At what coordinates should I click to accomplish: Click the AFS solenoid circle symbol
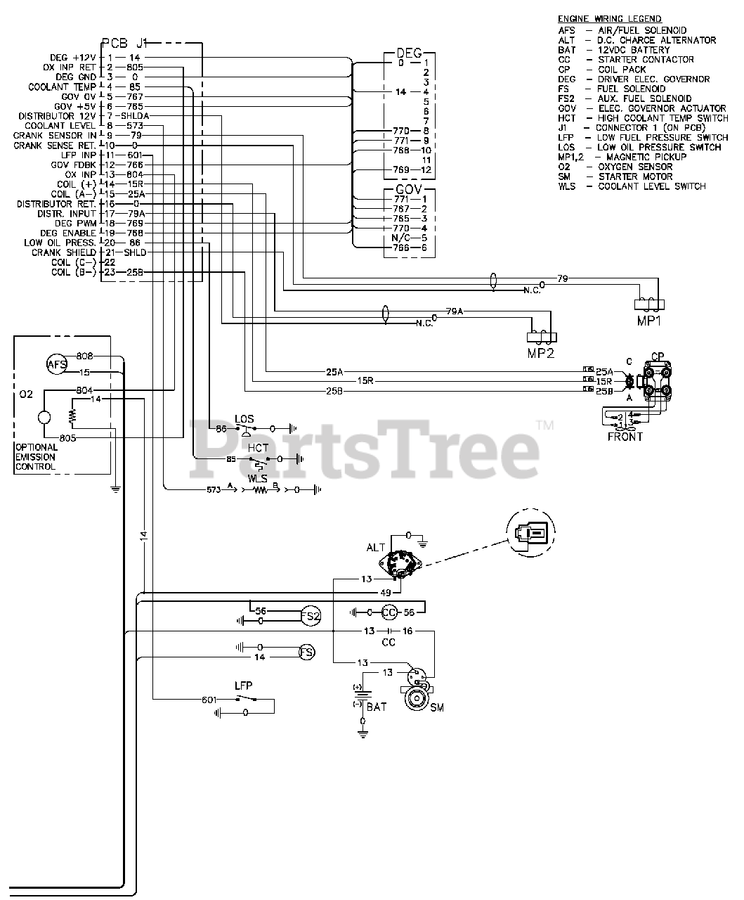(x=56, y=364)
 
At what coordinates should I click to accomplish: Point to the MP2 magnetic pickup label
(x=541, y=352)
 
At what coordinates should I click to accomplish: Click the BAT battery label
(x=377, y=707)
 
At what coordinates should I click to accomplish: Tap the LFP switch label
(x=243, y=685)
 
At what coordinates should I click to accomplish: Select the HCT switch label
(x=258, y=447)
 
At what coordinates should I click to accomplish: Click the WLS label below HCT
(x=257, y=477)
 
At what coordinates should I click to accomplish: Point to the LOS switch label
(x=244, y=419)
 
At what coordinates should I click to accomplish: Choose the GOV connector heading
(x=409, y=190)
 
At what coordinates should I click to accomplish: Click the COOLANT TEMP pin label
(x=62, y=86)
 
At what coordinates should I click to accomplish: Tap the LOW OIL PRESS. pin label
(x=60, y=243)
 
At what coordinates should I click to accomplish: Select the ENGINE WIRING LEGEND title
(x=609, y=18)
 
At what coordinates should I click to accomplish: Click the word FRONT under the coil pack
(x=625, y=437)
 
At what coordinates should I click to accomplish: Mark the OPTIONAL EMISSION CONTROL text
(x=36, y=457)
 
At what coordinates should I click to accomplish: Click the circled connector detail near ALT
(x=529, y=534)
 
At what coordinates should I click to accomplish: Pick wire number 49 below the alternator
(x=386, y=591)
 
